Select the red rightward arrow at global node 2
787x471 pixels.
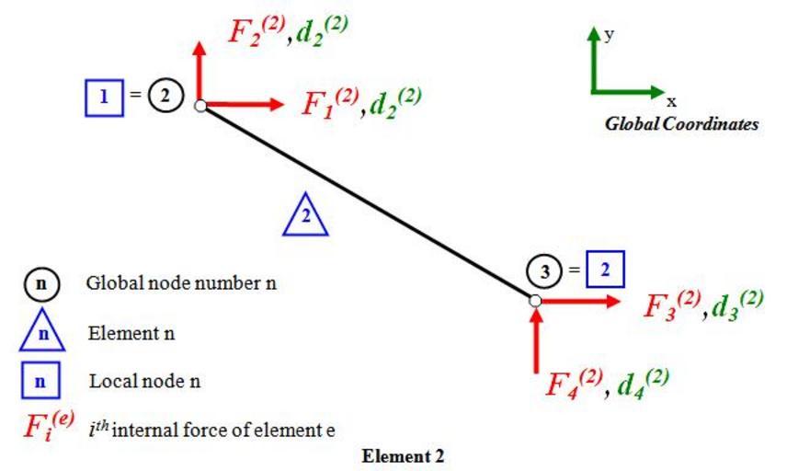pyautogui.click(x=244, y=104)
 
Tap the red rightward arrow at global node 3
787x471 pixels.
pyautogui.click(x=579, y=300)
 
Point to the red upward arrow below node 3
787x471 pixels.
pyautogui.click(x=537, y=339)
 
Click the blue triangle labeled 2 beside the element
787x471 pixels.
pyautogui.click(x=306, y=218)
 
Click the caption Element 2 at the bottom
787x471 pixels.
pyautogui.click(x=402, y=455)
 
